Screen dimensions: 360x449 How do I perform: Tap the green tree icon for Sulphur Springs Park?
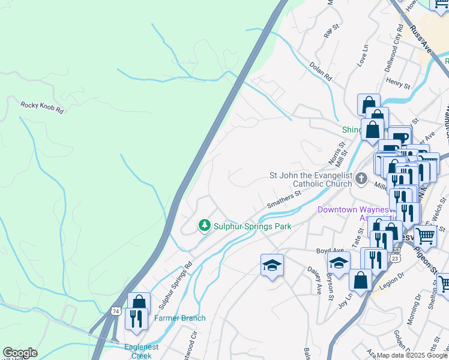[x=204, y=226]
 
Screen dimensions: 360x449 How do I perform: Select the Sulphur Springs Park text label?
[x=252, y=226]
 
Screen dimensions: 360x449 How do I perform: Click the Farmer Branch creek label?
[x=180, y=318]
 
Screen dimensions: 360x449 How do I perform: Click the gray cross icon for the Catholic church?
[x=361, y=178]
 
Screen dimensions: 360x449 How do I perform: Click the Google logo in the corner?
[x=20, y=353]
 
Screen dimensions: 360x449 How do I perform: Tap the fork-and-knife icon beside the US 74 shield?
[x=136, y=318]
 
